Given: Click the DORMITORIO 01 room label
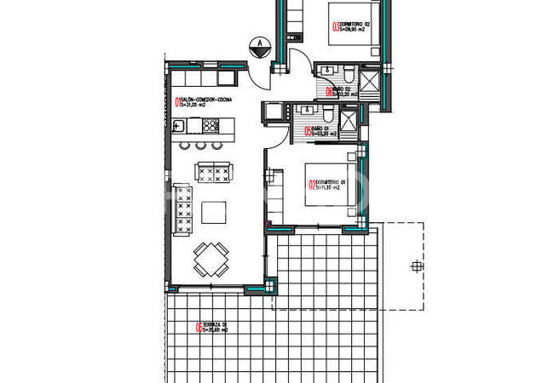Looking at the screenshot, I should point(329,186).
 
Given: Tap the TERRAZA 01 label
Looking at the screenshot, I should point(213,329).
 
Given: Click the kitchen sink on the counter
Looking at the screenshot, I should point(179,126).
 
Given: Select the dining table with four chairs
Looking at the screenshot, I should point(211,259).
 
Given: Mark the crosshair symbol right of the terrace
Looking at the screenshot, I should point(416,266).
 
